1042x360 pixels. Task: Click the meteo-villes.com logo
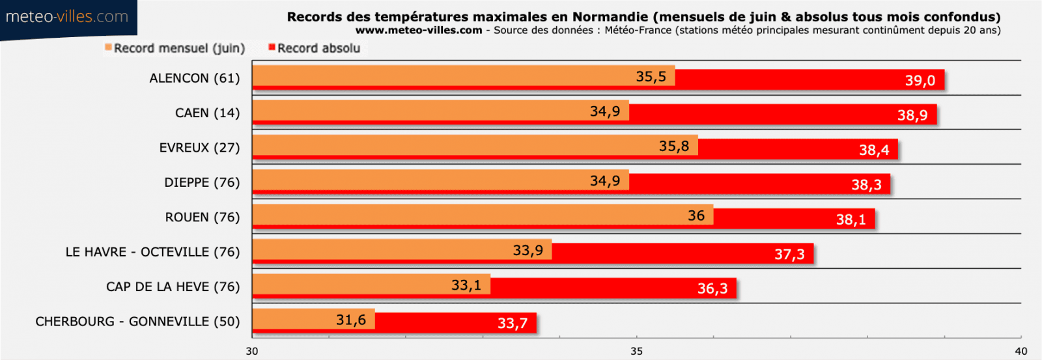pos(67,17)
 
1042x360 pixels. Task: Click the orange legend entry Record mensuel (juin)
pos(175,48)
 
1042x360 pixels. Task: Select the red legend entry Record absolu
pos(315,48)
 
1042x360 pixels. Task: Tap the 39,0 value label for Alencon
pos(920,81)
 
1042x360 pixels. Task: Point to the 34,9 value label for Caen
pos(605,111)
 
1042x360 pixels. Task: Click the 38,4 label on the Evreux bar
pos(873,150)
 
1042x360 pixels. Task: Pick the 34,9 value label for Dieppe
pos(605,181)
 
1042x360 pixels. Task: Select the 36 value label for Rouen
pos(696,215)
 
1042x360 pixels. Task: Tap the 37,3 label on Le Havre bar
pos(789,255)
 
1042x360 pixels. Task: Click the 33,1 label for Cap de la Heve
pos(466,285)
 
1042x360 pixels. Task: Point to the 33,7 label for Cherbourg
pos(513,324)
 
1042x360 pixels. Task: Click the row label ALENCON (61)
pos(195,78)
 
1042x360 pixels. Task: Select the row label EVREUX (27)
pos(199,148)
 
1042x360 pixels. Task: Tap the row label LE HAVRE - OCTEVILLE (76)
pos(152,252)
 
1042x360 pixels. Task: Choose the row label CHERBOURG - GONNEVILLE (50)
pos(137,322)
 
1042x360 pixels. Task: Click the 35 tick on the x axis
pos(636,352)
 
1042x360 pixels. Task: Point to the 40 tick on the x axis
pos(1021,352)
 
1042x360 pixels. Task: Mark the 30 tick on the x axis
pos(252,352)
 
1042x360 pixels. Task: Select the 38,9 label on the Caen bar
pos(912,116)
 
